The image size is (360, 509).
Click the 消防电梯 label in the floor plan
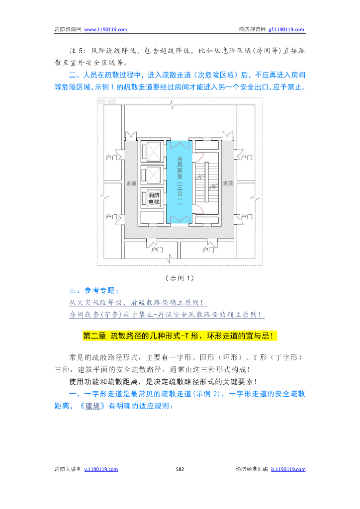tap(153, 198)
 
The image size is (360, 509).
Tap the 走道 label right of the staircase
tap(228, 183)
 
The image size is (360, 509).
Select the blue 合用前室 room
tap(179, 181)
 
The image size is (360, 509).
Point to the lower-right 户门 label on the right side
tap(247, 217)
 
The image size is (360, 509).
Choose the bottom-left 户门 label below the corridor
tap(157, 250)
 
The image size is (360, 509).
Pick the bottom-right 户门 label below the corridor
tap(209, 250)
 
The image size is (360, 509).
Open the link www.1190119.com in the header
tap(106, 29)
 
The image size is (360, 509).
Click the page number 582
tap(180, 469)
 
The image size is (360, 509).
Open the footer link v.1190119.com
tap(101, 469)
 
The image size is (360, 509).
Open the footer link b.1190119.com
tap(288, 469)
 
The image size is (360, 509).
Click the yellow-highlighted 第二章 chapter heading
tap(180, 336)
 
